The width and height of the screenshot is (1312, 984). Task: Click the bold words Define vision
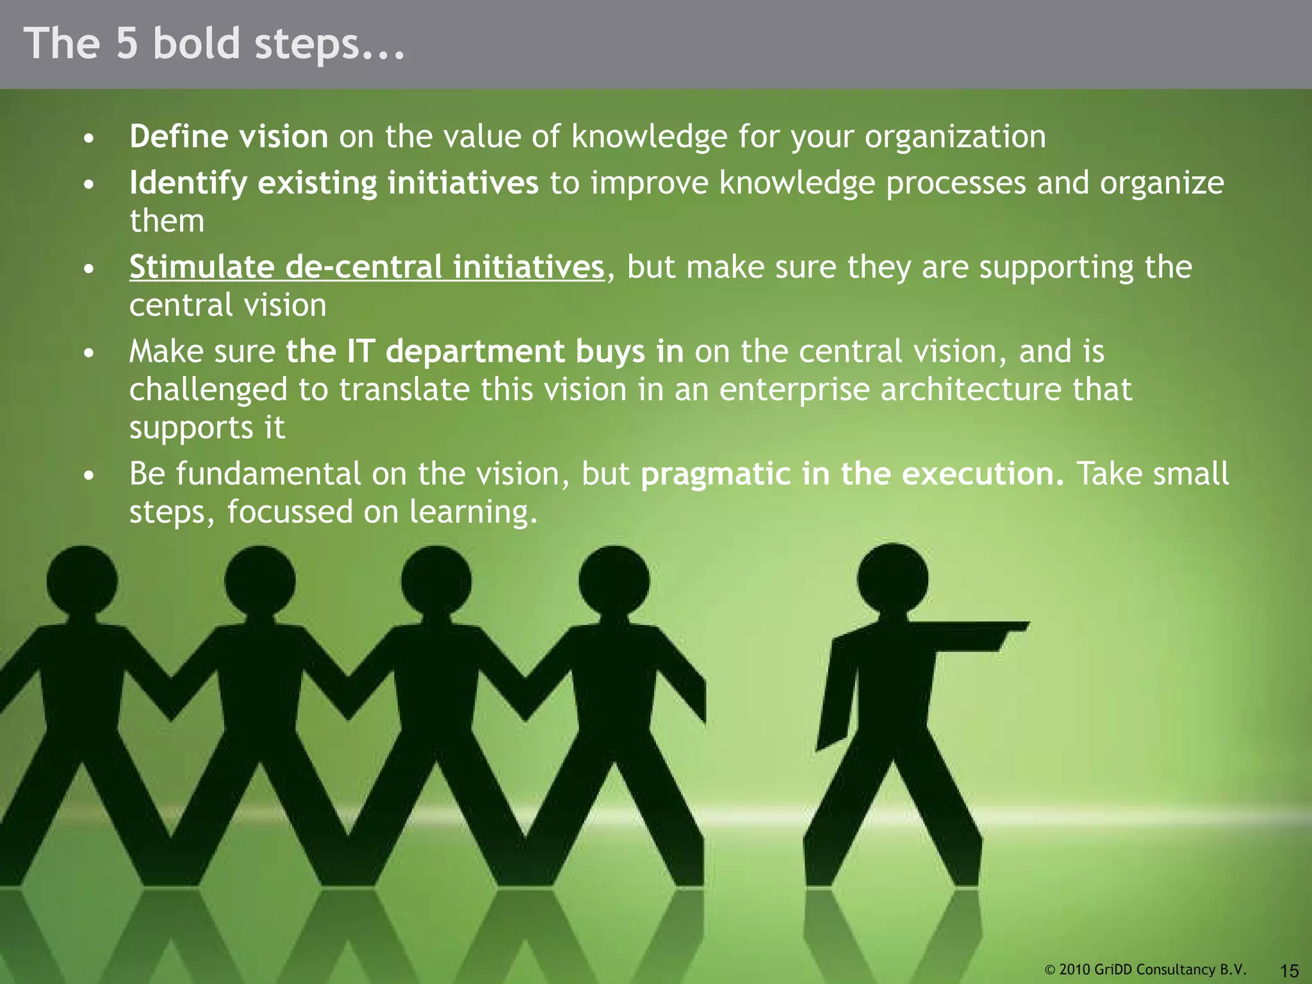(x=229, y=136)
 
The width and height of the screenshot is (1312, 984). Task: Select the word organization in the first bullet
(x=955, y=136)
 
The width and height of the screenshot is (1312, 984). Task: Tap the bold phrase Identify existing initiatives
(x=334, y=183)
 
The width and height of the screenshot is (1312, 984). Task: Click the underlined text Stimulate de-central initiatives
(x=366, y=267)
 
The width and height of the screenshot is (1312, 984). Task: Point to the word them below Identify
(x=167, y=221)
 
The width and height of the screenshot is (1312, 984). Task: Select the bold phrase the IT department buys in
(x=484, y=352)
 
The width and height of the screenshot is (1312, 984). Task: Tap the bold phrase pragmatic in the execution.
(x=852, y=474)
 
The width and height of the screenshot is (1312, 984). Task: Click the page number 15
(x=1288, y=970)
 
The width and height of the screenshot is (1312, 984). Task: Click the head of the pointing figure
(x=892, y=578)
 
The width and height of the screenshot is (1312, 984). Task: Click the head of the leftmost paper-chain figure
(x=81, y=580)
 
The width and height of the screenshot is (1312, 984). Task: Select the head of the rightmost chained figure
(x=614, y=580)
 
